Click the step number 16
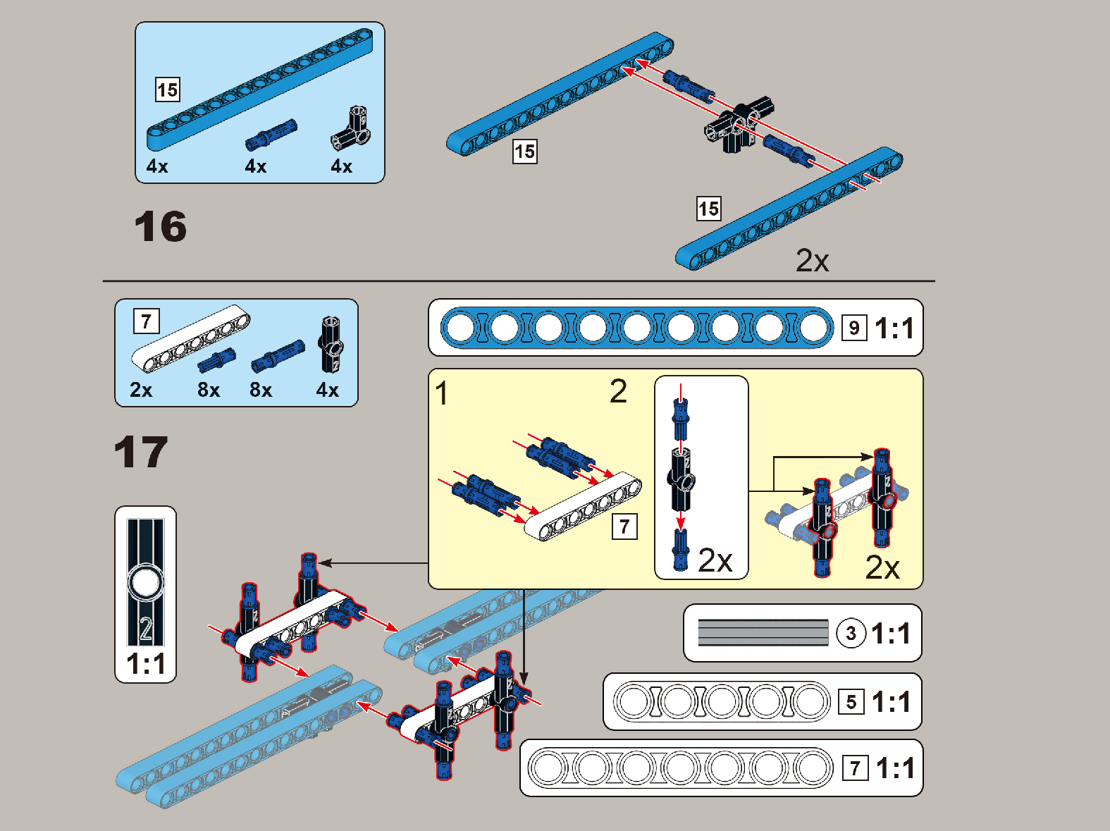(x=161, y=227)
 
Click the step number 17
(x=141, y=453)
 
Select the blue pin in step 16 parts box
(x=271, y=135)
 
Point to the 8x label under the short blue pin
(x=209, y=390)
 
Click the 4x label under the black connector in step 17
(x=327, y=390)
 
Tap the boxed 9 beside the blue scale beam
(x=854, y=328)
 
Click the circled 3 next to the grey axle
(x=851, y=633)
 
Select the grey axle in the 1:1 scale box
(x=763, y=632)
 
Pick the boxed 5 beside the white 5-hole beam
(x=851, y=702)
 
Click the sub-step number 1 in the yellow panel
(x=442, y=393)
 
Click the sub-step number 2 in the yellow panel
(x=618, y=391)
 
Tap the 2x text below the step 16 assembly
(x=812, y=261)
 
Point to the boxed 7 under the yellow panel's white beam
(x=624, y=527)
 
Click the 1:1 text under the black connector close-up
(x=146, y=664)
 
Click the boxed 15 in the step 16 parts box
(x=168, y=90)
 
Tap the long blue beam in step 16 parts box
(x=261, y=88)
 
